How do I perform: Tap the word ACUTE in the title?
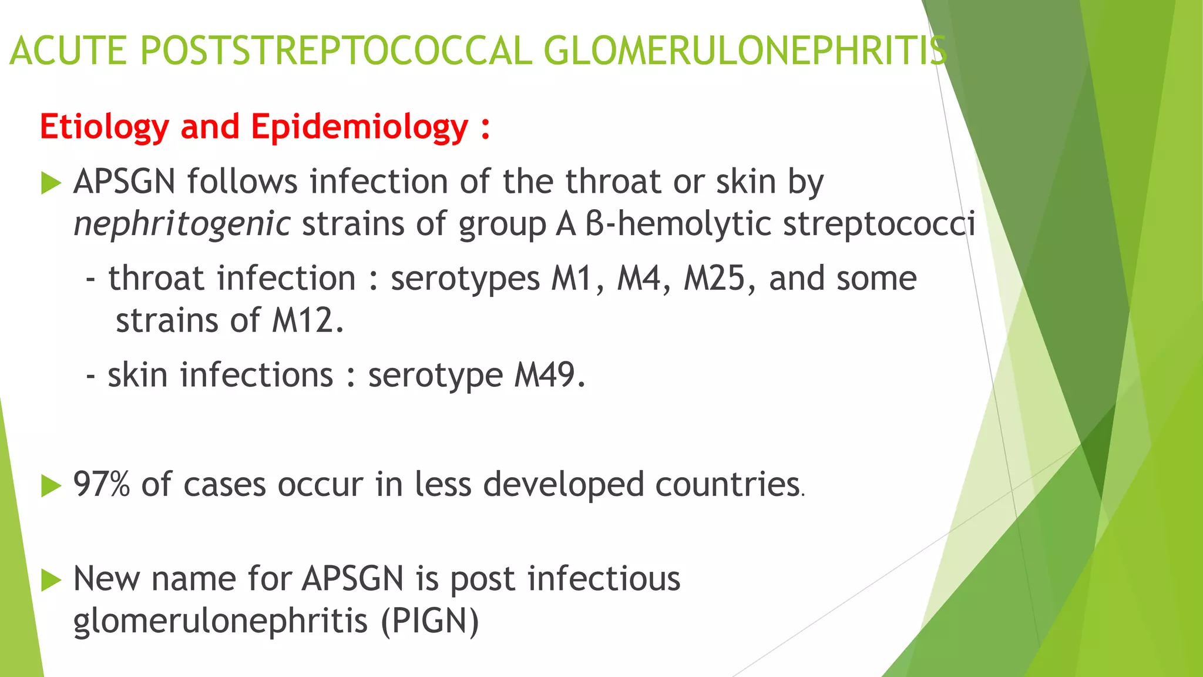coord(68,51)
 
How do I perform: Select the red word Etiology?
coord(105,128)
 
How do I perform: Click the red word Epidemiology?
coord(359,128)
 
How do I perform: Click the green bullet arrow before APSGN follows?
coord(52,183)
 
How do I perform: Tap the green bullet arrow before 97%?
coord(52,486)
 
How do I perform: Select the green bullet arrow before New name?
coord(52,580)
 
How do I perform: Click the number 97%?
coord(101,485)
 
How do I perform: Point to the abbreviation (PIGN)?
coord(430,621)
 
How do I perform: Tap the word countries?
coord(728,485)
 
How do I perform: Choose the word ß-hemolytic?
coord(678,224)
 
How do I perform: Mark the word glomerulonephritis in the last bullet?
coord(220,621)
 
